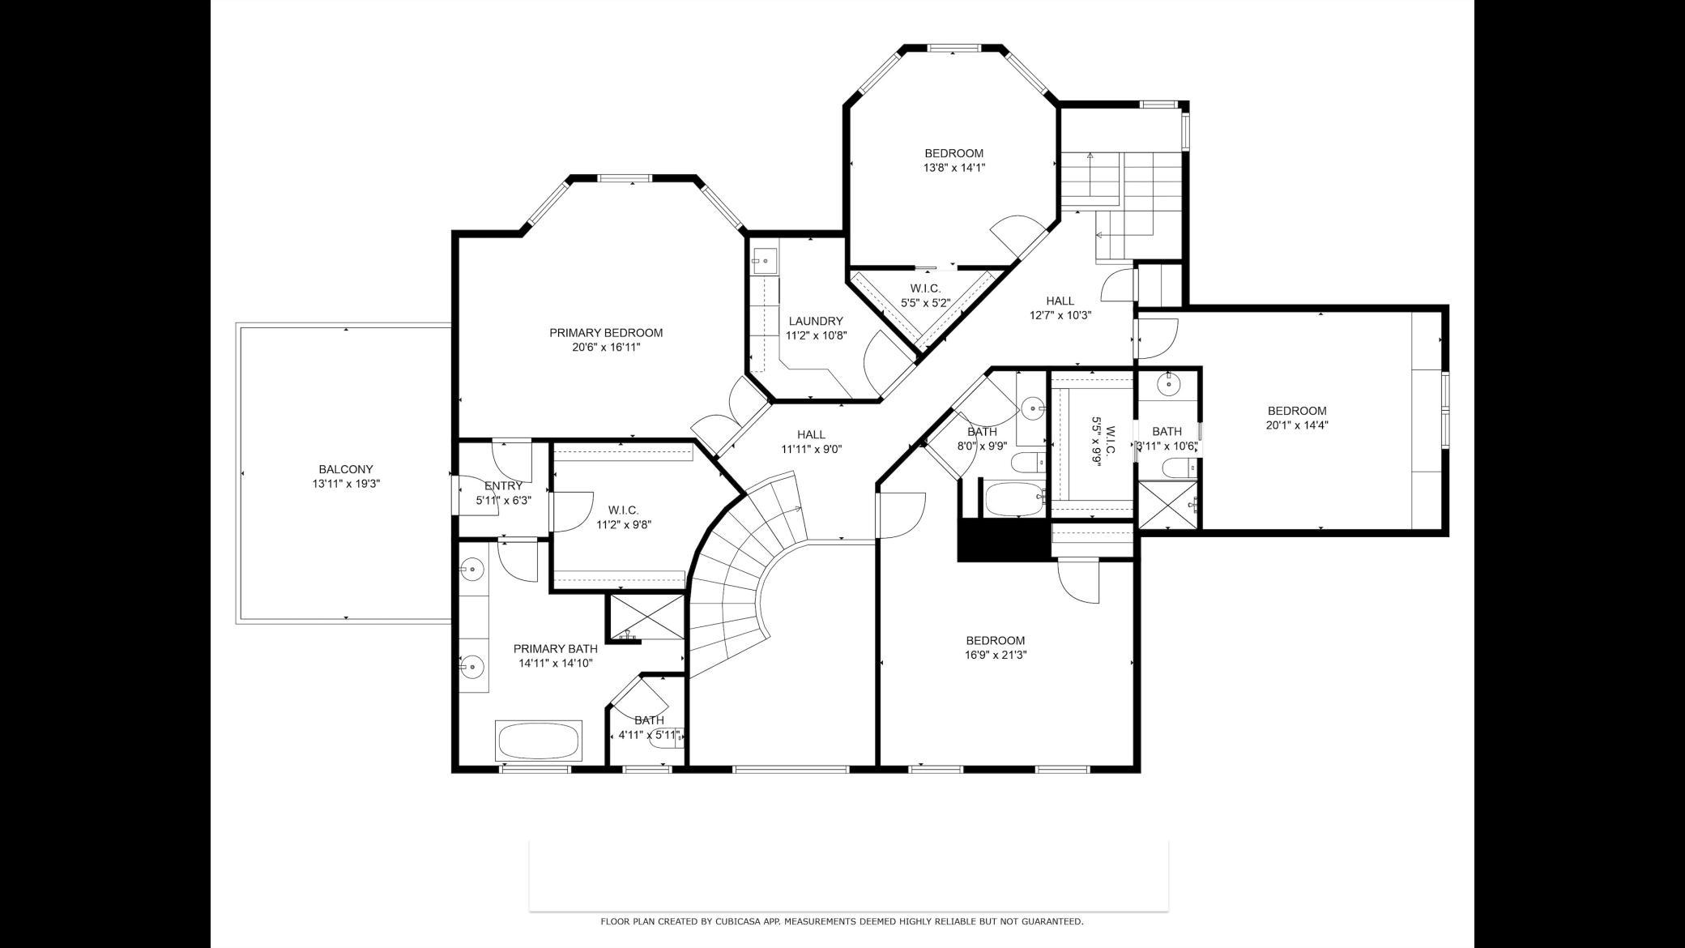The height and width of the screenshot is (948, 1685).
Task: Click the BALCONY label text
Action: [346, 469]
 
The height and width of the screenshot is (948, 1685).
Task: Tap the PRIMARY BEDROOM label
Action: [606, 332]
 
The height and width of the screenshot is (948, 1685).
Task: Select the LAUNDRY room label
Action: [816, 321]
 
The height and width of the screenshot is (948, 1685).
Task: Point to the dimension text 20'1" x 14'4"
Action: [1297, 425]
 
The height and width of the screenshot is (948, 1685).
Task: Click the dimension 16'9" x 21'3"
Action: [996, 655]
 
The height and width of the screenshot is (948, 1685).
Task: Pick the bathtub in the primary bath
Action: [539, 741]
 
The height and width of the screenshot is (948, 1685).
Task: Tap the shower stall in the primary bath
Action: [646, 617]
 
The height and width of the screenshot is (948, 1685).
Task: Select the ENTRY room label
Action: [503, 486]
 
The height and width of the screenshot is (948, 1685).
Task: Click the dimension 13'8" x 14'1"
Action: [954, 168]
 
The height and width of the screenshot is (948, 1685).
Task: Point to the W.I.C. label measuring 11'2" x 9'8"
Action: [623, 510]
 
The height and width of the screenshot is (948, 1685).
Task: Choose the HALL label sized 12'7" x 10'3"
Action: [1060, 301]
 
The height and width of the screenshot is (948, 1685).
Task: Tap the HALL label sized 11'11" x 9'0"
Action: [811, 434]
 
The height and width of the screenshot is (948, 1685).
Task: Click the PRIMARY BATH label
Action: [556, 648]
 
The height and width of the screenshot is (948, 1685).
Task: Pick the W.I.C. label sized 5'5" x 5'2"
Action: [925, 288]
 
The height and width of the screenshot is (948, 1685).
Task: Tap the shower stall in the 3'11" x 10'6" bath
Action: [1167, 505]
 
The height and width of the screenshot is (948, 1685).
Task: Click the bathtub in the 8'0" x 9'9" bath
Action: [1015, 498]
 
